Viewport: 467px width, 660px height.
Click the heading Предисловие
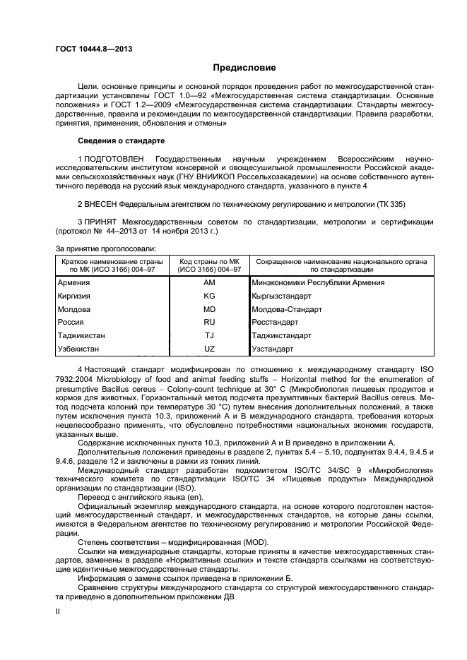[244, 68]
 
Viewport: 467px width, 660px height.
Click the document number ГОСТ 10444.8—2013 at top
[94, 49]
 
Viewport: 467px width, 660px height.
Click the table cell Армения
[73, 282]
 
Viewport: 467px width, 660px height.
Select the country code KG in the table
[208, 296]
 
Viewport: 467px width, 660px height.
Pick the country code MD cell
[208, 309]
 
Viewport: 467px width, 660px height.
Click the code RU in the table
[208, 322]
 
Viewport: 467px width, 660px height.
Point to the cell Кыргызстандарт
[282, 296]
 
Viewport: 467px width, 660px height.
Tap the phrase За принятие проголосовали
[105, 248]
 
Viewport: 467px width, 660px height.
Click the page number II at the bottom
[58, 613]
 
